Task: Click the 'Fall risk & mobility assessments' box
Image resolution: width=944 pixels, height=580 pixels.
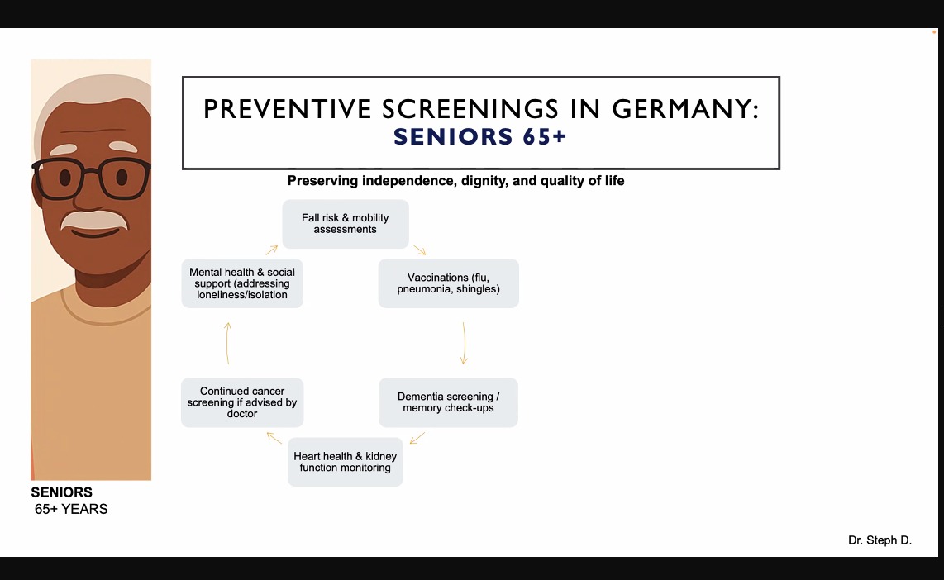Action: click(x=346, y=224)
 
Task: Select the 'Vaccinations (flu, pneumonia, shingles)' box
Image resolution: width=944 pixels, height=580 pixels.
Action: click(x=449, y=283)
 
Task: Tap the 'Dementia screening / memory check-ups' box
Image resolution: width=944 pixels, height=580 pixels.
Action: click(x=449, y=402)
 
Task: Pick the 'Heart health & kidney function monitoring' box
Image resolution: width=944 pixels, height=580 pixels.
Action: click(x=345, y=462)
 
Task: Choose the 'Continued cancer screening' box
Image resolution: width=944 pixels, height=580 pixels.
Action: click(x=242, y=402)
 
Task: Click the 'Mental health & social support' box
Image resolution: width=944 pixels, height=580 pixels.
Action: click(x=242, y=283)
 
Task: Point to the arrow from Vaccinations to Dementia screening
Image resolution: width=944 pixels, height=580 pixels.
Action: click(x=464, y=343)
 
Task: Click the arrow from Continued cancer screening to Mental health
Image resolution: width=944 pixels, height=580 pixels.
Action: click(x=227, y=343)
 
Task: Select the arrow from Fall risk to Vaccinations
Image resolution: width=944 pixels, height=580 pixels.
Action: click(x=420, y=250)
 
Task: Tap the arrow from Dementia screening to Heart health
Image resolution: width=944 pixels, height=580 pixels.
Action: click(x=417, y=438)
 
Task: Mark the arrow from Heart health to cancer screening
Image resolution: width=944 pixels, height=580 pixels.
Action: click(x=274, y=438)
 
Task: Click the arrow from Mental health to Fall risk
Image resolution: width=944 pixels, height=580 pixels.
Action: click(x=271, y=250)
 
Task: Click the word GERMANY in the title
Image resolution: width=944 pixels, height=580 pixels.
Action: click(x=686, y=110)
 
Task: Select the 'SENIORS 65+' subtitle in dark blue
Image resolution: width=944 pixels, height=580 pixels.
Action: click(x=479, y=137)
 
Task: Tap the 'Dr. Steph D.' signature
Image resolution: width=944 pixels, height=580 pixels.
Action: click(x=880, y=540)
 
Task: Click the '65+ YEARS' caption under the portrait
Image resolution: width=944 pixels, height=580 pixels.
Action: click(x=71, y=509)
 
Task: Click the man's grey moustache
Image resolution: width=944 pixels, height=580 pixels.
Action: click(x=94, y=220)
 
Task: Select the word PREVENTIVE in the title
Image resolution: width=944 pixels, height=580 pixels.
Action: click(x=288, y=110)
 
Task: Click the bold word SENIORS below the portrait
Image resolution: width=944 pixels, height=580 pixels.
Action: click(x=61, y=492)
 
